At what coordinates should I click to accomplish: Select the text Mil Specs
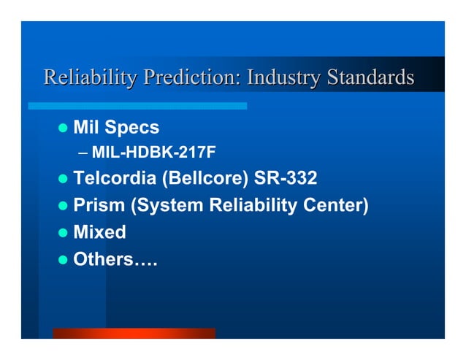116,128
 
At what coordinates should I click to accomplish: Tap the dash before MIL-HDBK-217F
83,153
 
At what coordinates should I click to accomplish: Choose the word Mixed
99,232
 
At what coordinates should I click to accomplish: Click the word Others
103,258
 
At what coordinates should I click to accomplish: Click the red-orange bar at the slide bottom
134,333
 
